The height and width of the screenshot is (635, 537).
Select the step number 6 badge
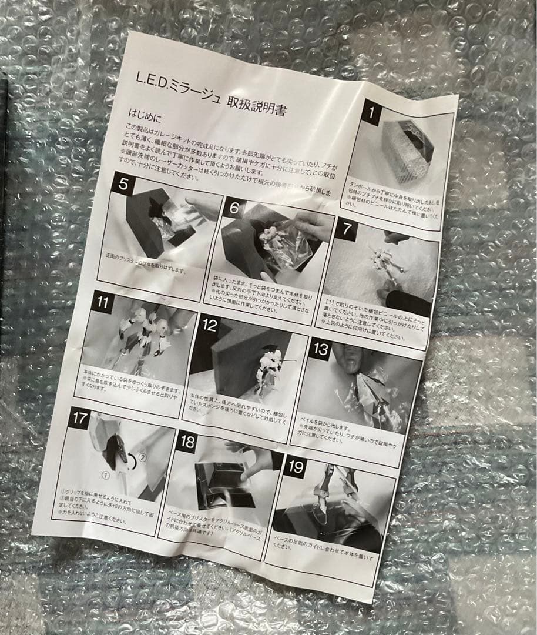tap(234, 209)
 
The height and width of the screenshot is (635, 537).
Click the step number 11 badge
tap(103, 303)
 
